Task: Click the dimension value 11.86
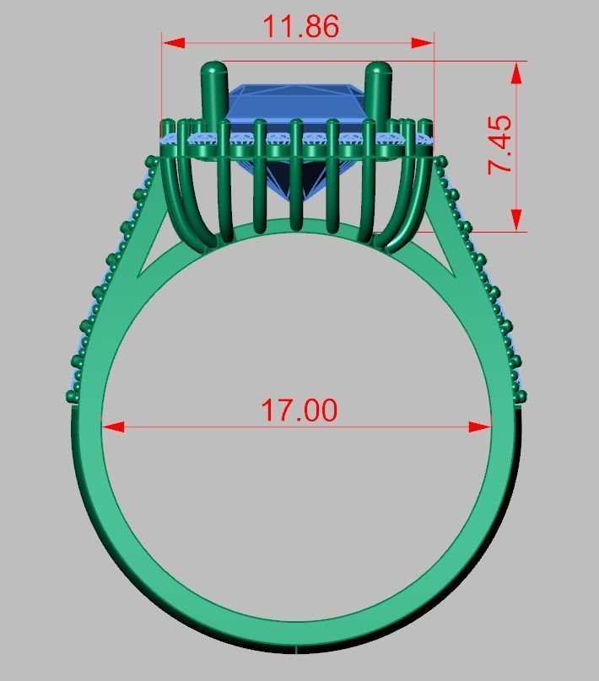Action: click(300, 26)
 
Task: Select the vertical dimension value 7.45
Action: click(499, 144)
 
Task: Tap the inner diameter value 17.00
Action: click(299, 410)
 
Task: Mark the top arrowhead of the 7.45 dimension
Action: click(515, 72)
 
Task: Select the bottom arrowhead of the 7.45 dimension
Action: click(515, 220)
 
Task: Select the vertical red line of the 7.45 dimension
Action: click(515, 169)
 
